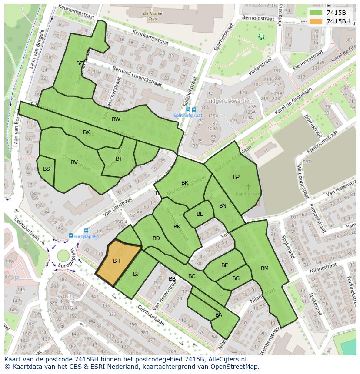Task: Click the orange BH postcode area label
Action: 117,261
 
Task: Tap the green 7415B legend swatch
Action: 316,13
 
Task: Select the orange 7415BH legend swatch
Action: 316,21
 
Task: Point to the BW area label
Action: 116,119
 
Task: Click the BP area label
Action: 236,177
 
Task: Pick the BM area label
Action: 265,268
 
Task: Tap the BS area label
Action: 47,169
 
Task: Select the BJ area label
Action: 136,274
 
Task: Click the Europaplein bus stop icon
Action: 70,235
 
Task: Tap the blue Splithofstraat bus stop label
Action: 188,116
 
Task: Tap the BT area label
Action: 119,159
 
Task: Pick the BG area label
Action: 236,278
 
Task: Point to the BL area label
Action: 200,214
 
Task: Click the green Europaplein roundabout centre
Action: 63,255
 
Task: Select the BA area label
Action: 218,315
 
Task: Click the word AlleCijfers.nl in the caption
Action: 227,359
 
